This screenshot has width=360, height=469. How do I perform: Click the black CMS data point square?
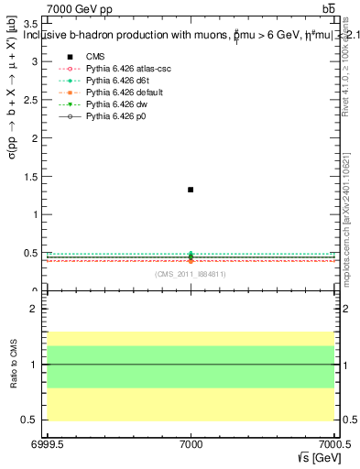click(x=191, y=190)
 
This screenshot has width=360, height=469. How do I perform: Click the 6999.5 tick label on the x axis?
click(x=44, y=445)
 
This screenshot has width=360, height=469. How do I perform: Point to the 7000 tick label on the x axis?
click(x=191, y=445)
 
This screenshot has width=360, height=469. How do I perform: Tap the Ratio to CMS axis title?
click(x=14, y=364)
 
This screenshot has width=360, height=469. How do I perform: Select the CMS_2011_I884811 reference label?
click(x=191, y=274)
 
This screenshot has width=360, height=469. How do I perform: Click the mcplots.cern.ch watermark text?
click(x=346, y=220)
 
